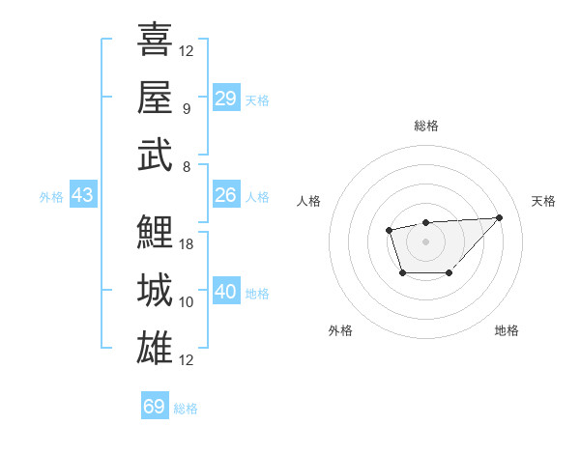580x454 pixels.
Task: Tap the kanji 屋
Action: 155,97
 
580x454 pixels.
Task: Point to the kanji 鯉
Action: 155,232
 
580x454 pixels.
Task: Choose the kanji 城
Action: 155,290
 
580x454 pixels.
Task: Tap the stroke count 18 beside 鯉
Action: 187,244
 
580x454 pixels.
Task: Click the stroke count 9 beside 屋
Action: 186,108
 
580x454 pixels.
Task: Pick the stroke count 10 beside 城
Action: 187,302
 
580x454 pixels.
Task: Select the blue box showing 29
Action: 225,99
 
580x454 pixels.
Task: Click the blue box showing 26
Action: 225,195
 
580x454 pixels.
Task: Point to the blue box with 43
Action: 82,195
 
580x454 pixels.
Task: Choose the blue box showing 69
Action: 154,407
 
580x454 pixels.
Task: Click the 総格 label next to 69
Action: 186,409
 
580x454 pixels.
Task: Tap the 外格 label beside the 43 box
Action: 51,197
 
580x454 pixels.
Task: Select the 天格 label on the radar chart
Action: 544,201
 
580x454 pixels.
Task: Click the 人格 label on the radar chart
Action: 309,201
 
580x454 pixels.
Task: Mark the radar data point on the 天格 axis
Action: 499,217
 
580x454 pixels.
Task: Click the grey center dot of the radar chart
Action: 425,241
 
